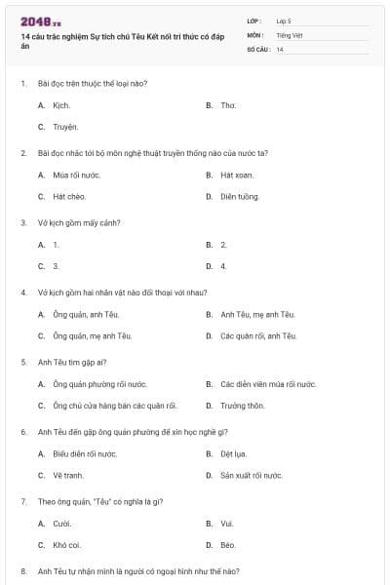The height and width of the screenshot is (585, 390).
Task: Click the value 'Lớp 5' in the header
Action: coord(284,20)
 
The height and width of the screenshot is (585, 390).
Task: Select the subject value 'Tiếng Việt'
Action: coord(289,34)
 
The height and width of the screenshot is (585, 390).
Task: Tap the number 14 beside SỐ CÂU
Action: coord(280,49)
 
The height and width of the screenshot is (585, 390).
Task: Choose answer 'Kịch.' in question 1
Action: coord(61,104)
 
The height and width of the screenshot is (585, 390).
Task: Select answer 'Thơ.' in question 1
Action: coord(228,104)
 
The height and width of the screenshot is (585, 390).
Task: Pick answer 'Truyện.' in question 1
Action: coord(65,127)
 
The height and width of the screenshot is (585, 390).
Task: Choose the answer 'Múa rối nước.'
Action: coord(77,175)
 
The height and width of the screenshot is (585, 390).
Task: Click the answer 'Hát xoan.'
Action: coord(236,175)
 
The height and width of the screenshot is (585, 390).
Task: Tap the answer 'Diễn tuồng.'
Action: coord(240,196)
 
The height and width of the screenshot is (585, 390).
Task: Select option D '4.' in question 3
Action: coord(223,265)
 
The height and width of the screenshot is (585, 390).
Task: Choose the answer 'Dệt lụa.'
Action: coord(234,453)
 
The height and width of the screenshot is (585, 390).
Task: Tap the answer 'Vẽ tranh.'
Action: coord(67,475)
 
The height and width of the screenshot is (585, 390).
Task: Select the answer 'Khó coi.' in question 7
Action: coord(66,545)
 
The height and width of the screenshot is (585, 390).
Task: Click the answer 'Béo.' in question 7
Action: coord(228,545)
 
